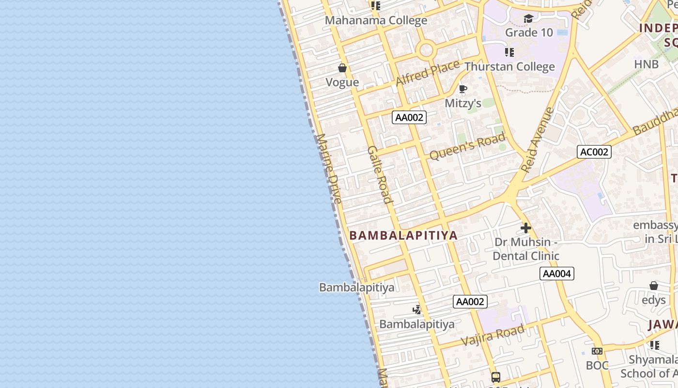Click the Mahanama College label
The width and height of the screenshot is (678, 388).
[376, 20]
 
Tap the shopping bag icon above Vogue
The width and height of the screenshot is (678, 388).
[342, 68]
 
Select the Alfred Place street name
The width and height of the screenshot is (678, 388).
[427, 73]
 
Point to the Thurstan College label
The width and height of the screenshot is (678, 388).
[509, 66]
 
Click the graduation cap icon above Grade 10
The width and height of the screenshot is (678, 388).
[528, 19]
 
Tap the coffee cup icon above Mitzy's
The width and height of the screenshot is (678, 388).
[462, 89]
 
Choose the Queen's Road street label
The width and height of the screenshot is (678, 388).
[467, 147]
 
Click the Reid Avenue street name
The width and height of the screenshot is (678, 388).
[538, 140]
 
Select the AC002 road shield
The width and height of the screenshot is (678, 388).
[594, 152]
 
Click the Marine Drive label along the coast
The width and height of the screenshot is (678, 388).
[329, 168]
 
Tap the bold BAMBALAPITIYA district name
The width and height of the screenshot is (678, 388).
[403, 236]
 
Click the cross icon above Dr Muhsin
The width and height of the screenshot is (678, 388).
[526, 227]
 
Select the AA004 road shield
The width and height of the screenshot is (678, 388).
[557, 274]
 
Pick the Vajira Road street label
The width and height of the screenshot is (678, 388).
[493, 335]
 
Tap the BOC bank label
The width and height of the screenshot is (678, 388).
[597, 365]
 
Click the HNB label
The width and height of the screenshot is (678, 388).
[647, 64]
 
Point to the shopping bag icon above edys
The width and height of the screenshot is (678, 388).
[654, 286]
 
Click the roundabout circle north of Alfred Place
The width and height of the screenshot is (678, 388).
[426, 49]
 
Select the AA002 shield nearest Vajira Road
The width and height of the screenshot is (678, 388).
[470, 302]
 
